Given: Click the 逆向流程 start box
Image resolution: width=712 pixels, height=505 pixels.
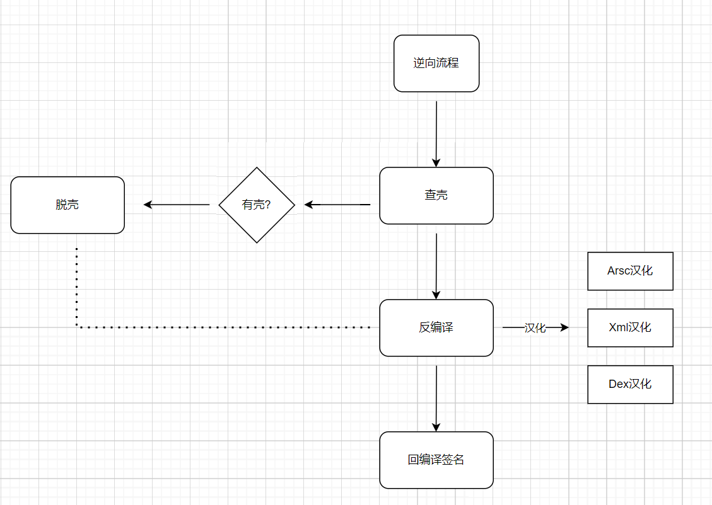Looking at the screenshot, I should (436, 63).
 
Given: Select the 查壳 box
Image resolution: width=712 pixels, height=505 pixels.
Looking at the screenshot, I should (436, 195).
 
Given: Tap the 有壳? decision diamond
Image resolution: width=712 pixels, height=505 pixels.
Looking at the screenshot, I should (257, 205).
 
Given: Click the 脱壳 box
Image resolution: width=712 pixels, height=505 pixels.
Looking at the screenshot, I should (67, 205).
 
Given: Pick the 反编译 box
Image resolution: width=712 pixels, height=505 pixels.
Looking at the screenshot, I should (436, 327).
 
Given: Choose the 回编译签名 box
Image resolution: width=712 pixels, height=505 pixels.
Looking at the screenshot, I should (436, 460).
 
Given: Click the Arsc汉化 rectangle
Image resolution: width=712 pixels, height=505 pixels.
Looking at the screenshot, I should (630, 271).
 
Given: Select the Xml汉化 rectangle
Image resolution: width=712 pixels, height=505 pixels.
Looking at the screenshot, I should (630, 327).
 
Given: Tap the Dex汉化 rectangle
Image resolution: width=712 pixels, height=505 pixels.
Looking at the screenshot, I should (630, 384).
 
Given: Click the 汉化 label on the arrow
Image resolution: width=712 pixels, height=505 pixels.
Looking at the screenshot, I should (535, 328).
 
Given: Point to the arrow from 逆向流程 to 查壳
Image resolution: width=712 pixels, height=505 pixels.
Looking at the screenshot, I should (436, 132).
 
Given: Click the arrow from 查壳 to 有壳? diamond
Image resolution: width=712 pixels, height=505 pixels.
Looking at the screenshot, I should (337, 205).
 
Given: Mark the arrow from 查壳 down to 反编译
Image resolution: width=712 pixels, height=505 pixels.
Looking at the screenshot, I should (436, 264).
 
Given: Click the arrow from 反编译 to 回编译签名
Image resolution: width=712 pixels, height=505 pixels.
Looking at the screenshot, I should (436, 397).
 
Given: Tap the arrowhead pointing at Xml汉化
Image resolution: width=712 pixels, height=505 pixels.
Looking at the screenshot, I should (564, 327).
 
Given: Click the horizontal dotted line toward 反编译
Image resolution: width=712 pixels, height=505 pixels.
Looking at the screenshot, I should (221, 327).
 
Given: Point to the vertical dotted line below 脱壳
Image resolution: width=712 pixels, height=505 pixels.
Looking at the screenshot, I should (76, 287).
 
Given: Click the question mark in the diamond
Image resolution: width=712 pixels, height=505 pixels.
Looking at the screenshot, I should (267, 205).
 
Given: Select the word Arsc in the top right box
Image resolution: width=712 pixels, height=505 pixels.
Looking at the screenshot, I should (618, 271).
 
